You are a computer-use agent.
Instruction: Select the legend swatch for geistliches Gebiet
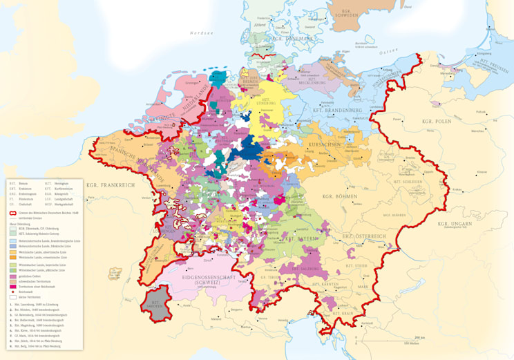click(x=12, y=276)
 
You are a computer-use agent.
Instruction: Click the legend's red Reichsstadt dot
click(x=12, y=292)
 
